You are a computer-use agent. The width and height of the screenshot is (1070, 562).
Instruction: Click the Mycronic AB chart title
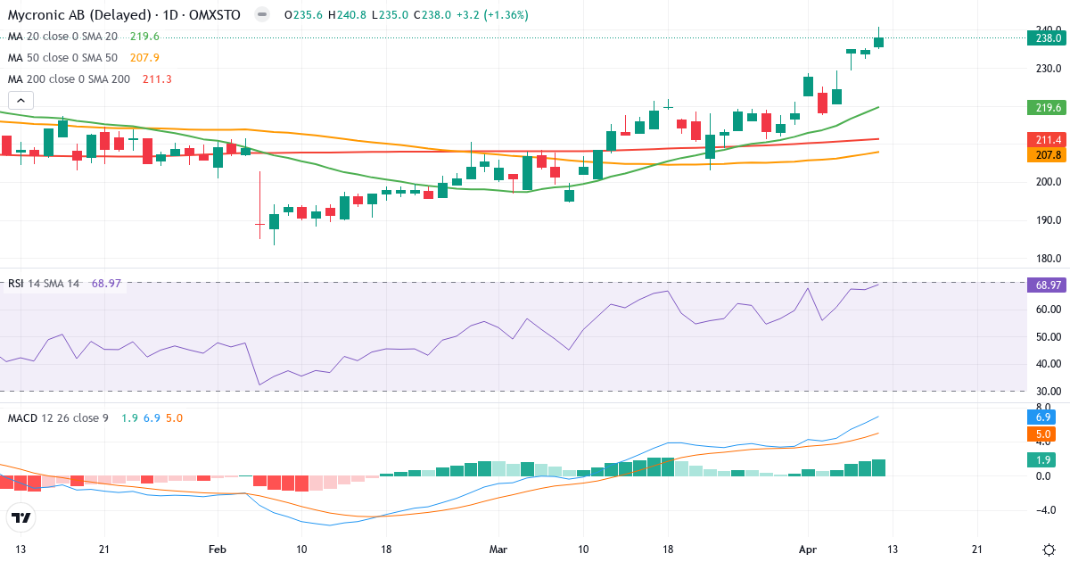(126, 15)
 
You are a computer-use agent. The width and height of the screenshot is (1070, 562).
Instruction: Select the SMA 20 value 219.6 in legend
(144, 37)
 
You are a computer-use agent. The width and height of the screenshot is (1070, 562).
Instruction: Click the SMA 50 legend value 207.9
(144, 58)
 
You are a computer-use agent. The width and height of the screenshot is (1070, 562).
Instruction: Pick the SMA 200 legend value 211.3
(157, 79)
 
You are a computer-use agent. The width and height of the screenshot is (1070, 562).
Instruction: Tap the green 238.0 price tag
(1048, 37)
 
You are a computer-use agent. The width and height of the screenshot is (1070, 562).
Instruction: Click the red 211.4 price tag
(1048, 140)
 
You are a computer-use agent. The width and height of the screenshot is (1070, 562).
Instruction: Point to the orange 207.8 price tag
(1048, 155)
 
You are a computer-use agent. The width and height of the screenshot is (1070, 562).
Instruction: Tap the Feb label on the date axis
(217, 549)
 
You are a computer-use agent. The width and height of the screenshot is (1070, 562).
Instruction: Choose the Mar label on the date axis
(499, 549)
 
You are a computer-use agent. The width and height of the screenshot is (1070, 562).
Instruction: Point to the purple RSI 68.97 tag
(1048, 285)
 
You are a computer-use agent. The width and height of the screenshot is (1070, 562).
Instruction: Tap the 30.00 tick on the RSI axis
(1048, 391)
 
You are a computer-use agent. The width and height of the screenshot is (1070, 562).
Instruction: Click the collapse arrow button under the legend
(21, 101)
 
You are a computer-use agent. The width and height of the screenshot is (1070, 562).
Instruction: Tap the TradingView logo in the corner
(21, 517)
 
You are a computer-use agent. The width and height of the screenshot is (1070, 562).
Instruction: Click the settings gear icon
(1049, 549)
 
